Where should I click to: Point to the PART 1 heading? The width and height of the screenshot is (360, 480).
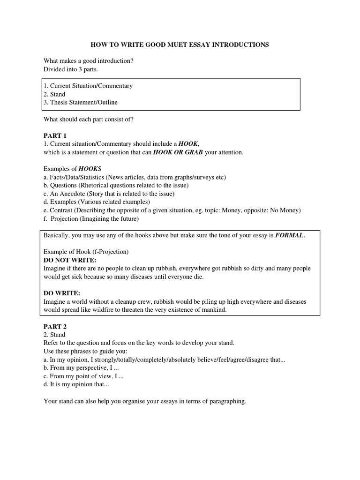pos(55,135)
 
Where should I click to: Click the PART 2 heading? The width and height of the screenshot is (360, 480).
pos(55,327)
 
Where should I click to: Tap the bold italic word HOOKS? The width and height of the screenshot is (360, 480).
pos(90,169)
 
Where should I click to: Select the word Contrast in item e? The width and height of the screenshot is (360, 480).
pos(61,210)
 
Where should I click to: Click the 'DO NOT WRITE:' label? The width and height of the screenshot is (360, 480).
pos(70,260)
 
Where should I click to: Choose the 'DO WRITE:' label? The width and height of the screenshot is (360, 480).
pos(62,293)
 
